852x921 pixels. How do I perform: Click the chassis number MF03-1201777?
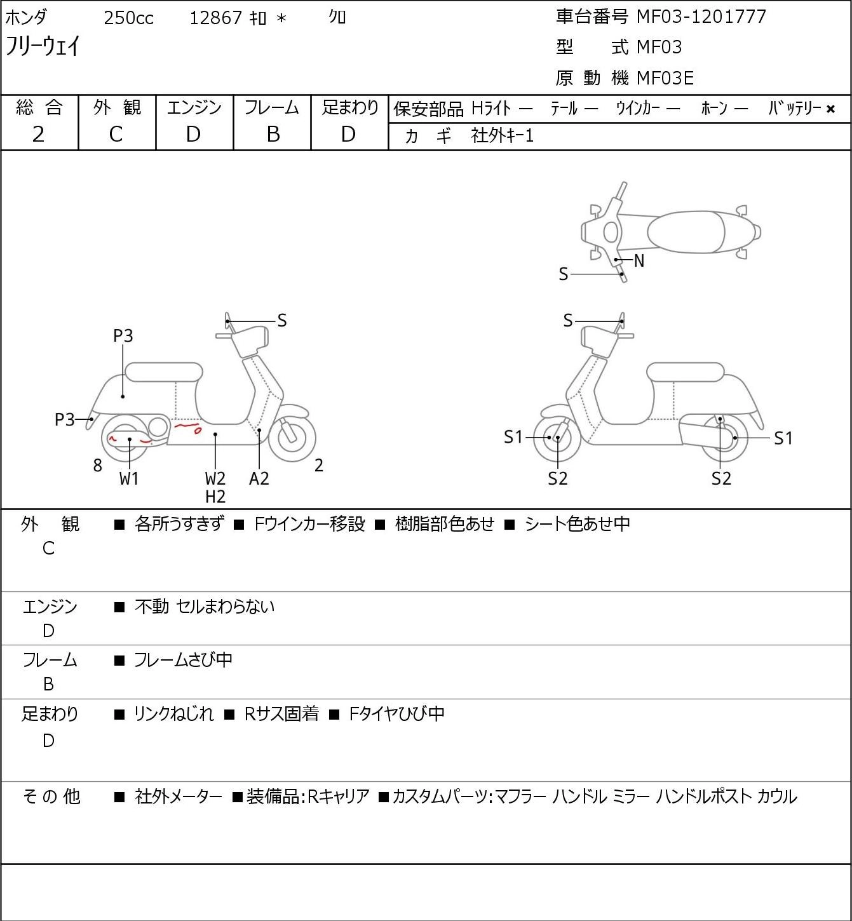pyautogui.click(x=701, y=17)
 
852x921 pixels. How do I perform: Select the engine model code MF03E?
pyautogui.click(x=665, y=78)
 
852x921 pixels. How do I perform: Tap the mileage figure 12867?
pyautogui.click(x=215, y=18)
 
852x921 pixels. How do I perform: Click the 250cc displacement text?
pyautogui.click(x=128, y=18)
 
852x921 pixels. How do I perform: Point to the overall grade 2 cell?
pyautogui.click(x=39, y=135)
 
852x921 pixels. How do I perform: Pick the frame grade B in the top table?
pyautogui.click(x=273, y=135)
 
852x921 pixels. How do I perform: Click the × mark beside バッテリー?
pyautogui.click(x=830, y=109)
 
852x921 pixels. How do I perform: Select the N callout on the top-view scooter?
pyautogui.click(x=639, y=260)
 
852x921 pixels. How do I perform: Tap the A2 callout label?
pyautogui.click(x=259, y=478)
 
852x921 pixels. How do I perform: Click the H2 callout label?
pyautogui.click(x=215, y=497)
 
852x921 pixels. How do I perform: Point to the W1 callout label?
pyautogui.click(x=128, y=478)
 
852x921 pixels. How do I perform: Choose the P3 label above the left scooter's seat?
pyautogui.click(x=123, y=335)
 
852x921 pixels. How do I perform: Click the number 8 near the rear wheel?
pyautogui.click(x=97, y=465)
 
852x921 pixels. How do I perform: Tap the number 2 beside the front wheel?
pyautogui.click(x=318, y=465)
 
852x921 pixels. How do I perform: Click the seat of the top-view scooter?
pyautogui.click(x=686, y=232)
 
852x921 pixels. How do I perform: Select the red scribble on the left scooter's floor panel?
pyautogui.click(x=188, y=427)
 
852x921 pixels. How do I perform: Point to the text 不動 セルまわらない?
pyautogui.click(x=205, y=607)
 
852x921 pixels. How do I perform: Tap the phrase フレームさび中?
pyautogui.click(x=183, y=660)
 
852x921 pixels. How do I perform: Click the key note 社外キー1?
pyautogui.click(x=503, y=136)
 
